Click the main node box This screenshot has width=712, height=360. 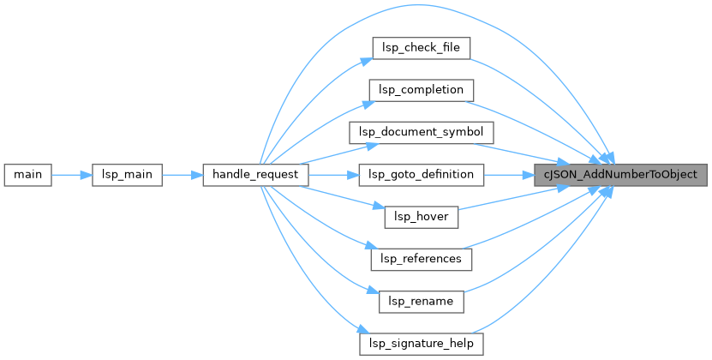click(28, 174)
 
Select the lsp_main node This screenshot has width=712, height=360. click(126, 174)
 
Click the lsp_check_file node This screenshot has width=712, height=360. click(421, 48)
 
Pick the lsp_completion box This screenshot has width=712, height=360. click(421, 90)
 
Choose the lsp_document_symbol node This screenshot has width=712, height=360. click(421, 132)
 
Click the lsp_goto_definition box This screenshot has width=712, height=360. click(421, 174)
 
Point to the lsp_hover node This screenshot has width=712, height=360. click(421, 216)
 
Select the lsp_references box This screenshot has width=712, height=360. click(421, 258)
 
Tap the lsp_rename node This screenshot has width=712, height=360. click(421, 301)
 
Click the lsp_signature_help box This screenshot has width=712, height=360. click(421, 343)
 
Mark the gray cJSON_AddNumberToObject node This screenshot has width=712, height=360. click(621, 174)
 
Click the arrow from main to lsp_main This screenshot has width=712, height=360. click(71, 174)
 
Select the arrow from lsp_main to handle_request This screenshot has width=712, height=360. click(181, 174)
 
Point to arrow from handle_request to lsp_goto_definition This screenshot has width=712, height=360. click(332, 174)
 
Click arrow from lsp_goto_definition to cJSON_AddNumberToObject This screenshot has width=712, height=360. click(507, 174)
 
